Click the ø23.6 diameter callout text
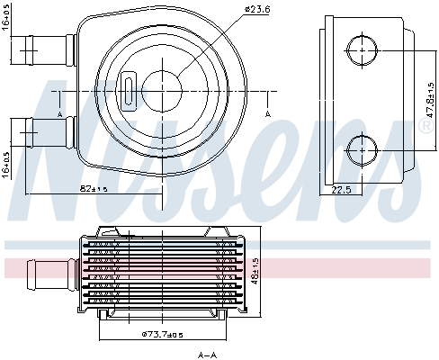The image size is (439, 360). (257, 9)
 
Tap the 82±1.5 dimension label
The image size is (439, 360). (94, 189)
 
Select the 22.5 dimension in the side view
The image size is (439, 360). (341, 190)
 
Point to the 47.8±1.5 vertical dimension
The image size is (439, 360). (430, 100)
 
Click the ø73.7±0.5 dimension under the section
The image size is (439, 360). (162, 334)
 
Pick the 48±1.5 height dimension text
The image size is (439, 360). (255, 271)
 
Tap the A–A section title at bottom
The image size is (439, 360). (207, 355)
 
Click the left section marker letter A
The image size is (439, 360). (59, 114)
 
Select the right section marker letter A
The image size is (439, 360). (268, 114)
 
